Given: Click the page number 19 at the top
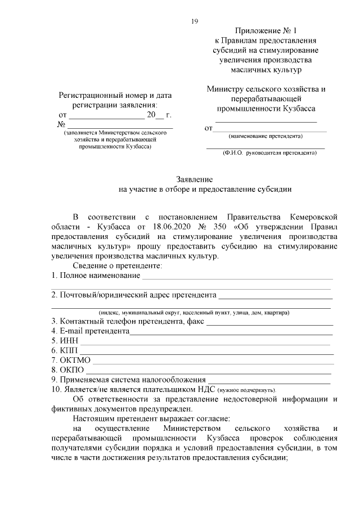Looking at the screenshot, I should [194, 21].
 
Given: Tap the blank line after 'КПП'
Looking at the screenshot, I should [208, 353].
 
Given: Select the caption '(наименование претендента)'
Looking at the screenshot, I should [265, 137].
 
